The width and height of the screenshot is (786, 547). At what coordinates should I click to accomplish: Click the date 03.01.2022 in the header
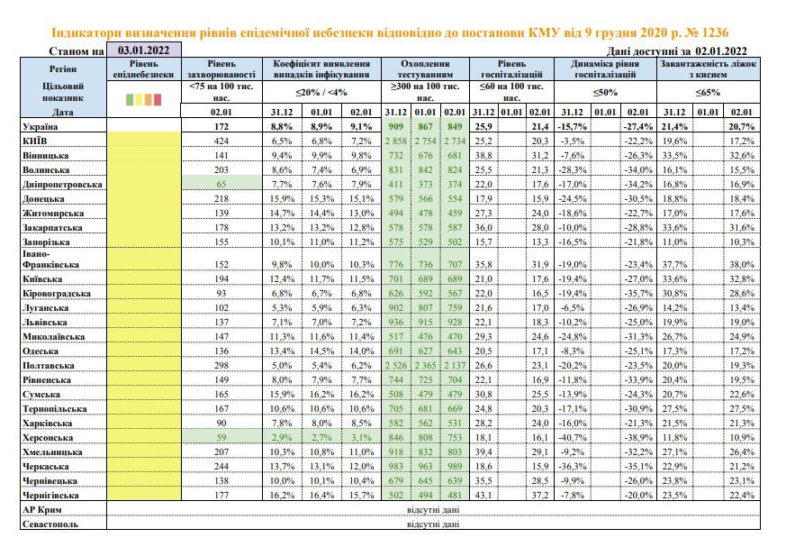tap(143, 50)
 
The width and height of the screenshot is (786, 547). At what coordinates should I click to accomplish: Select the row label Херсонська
tap(48, 438)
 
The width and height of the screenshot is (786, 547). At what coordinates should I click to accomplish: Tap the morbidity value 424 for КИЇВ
tap(221, 141)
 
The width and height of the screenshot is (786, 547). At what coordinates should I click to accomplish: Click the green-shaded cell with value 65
tap(221, 184)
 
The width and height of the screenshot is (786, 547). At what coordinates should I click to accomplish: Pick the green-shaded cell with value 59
tap(221, 438)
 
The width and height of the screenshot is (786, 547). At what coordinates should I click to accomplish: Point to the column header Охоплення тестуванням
tap(425, 69)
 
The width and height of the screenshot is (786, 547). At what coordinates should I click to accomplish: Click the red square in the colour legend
tap(158, 99)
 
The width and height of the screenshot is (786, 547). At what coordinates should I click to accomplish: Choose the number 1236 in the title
tap(714, 32)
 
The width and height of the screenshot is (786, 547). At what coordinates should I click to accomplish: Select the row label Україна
tap(41, 126)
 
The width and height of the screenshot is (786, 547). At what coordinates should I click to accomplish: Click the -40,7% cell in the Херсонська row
tap(572, 438)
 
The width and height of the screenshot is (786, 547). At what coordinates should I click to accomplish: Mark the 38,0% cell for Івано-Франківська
tap(741, 264)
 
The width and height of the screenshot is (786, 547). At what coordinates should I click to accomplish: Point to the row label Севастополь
tap(50, 524)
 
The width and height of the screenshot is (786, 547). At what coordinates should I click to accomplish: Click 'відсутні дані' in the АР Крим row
tap(433, 510)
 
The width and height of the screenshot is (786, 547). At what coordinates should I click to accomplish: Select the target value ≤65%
tap(708, 92)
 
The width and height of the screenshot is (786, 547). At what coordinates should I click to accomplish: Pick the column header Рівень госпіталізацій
tap(511, 69)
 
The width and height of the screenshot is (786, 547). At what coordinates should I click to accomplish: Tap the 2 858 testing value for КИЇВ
tap(396, 141)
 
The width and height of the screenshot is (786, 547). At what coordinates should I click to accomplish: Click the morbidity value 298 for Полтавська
tap(221, 366)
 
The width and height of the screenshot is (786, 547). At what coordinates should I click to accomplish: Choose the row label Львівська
tap(45, 323)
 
